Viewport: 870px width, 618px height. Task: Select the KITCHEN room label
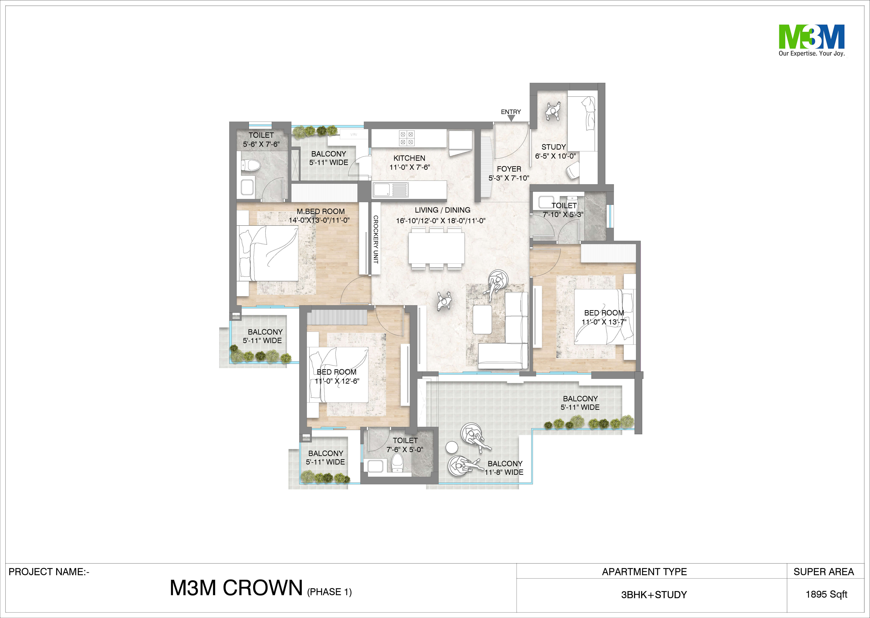pos(409,158)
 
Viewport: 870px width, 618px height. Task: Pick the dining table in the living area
pos(436,248)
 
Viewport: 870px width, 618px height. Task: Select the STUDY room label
pos(554,147)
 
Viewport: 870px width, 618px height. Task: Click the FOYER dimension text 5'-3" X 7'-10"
pos(509,178)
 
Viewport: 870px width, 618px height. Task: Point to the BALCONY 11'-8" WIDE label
pos(504,468)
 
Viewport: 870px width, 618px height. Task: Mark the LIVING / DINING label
pos(442,210)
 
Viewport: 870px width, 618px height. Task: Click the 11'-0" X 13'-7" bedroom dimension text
pos(604,322)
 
